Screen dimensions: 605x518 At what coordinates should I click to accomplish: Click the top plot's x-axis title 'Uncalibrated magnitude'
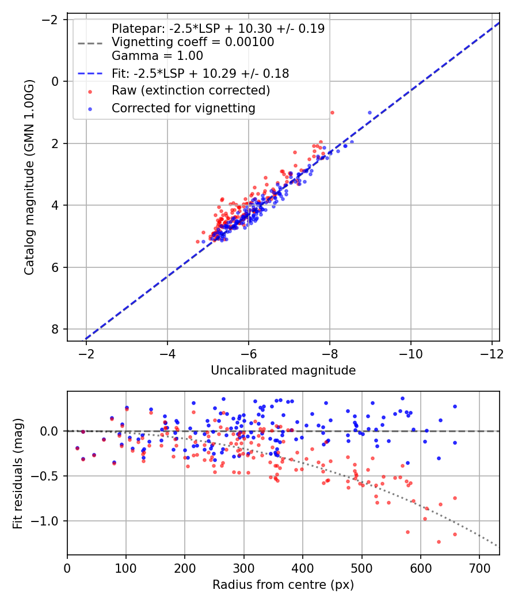pyautogui.click(x=283, y=370)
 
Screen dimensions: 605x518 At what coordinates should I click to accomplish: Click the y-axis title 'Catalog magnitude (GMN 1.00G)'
pyautogui.click(x=29, y=177)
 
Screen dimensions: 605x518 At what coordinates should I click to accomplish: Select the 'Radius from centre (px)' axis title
pyautogui.click(x=283, y=585)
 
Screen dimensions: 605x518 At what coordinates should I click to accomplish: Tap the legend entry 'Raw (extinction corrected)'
pyautogui.click(x=191, y=90)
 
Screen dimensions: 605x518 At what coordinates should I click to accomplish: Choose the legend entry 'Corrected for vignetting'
pyautogui.click(x=183, y=108)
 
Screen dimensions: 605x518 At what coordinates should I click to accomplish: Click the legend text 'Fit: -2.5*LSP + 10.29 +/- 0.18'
pyautogui.click(x=200, y=74)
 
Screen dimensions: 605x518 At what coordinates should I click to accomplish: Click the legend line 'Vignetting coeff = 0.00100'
pyautogui.click(x=193, y=42)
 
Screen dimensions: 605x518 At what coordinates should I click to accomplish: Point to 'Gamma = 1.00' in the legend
pyautogui.click(x=157, y=56)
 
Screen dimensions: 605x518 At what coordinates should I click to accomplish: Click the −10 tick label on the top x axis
pyautogui.click(x=410, y=352)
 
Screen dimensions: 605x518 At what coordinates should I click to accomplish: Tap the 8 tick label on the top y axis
pyautogui.click(x=55, y=329)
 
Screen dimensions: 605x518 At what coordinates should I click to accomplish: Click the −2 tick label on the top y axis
pyautogui.click(x=51, y=20)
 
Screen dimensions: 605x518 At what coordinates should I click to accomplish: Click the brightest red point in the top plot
pyautogui.click(x=332, y=112)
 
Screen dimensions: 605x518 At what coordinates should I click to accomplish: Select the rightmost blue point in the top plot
pyautogui.click(x=370, y=112)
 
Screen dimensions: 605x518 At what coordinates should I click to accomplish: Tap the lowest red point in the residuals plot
pyautogui.click(x=439, y=542)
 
